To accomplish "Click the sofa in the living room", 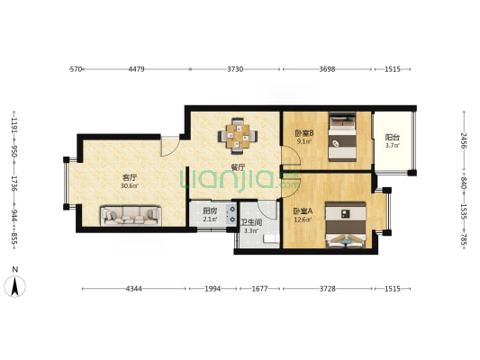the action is click(x=131, y=216).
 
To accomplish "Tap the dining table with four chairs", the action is click(x=238, y=136).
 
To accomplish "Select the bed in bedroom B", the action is click(x=342, y=137).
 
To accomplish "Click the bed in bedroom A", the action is click(x=346, y=225).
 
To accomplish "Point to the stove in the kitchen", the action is click(x=231, y=214).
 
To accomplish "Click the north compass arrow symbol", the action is click(x=14, y=285).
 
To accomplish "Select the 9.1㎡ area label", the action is click(x=303, y=141).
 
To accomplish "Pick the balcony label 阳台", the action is click(x=392, y=138).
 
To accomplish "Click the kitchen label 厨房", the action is click(x=210, y=211).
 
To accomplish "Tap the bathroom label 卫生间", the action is click(x=251, y=222).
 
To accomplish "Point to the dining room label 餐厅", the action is click(x=238, y=167).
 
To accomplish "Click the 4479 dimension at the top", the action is click(x=136, y=69).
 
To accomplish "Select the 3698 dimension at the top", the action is click(x=327, y=69).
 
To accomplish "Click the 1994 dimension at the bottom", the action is click(x=213, y=288).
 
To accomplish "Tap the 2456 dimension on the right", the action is click(x=464, y=140).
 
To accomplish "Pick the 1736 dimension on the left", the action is click(x=14, y=184).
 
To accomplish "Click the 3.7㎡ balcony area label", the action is click(x=392, y=146).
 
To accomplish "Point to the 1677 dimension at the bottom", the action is click(x=259, y=288).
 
